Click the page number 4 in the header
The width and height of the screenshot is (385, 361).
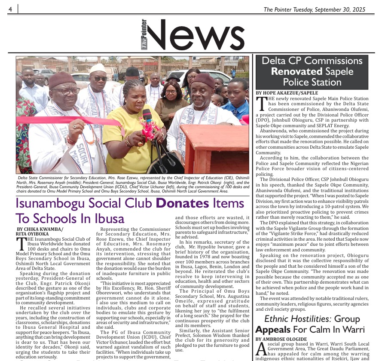9,9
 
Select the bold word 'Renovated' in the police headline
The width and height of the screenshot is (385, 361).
297,71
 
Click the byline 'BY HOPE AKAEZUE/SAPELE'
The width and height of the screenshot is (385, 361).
287,93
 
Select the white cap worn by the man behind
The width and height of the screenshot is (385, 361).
98,69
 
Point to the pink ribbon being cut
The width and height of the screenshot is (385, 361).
64,121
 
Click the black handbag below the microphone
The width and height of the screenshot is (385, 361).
165,161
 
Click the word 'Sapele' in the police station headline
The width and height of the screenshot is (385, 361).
348,71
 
